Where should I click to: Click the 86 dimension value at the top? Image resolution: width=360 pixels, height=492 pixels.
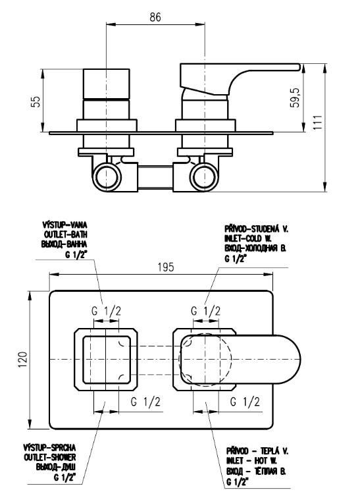point(155,17)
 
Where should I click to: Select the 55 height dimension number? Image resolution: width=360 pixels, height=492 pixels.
point(36,101)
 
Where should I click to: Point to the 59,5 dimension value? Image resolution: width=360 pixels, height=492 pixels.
point(295,97)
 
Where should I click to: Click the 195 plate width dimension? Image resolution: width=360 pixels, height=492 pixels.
point(166,267)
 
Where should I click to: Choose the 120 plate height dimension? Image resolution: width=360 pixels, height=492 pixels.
point(24,360)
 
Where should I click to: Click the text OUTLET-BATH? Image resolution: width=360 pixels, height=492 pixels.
point(66,234)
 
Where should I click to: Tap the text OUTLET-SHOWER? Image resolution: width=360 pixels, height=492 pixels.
point(50,457)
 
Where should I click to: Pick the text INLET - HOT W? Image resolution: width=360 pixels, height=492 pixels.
point(251,460)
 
